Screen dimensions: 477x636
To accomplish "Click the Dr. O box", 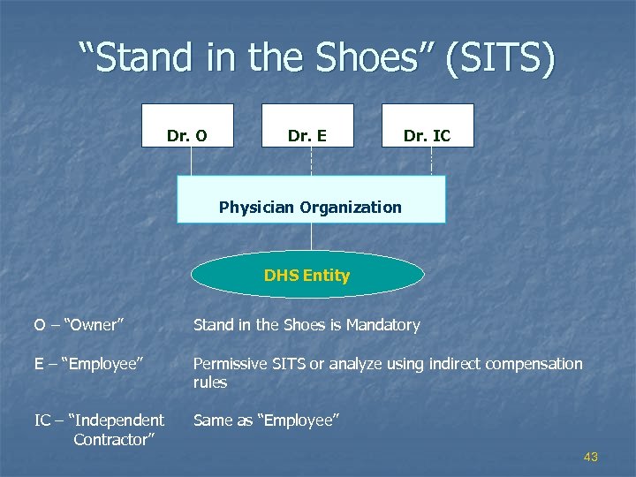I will pos(188,125).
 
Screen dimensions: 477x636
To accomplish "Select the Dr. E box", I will pos(307,125).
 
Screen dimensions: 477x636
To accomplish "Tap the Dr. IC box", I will pos(428,125).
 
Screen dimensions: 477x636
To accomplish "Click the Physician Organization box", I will pos(311,199).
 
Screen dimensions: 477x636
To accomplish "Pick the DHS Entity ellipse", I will pos(307,276).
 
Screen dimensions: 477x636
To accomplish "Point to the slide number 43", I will pos(591,457).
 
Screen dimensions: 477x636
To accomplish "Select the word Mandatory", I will pos(382,325).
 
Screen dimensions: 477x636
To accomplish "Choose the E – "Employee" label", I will pos(88,364).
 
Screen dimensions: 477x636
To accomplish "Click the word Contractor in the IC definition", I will pos(111,439).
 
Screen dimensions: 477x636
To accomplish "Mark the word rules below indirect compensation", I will pos(210,382).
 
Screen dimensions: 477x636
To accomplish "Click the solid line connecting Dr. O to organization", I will pos(192,161).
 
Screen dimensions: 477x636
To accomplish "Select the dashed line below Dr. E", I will pos(311,161).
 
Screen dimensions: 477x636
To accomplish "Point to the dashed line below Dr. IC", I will pos(431,161).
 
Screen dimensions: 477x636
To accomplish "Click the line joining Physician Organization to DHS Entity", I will pos(311,237).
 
